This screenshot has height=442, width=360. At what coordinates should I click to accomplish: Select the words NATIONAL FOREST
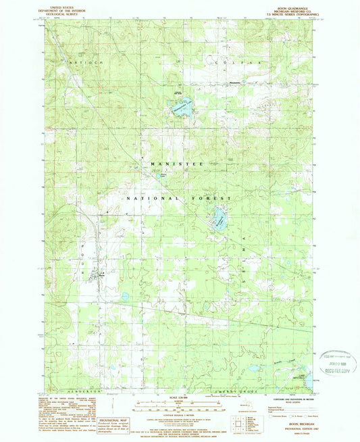click(x=180, y=199)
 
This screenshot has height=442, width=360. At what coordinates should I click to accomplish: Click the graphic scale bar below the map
click(x=178, y=407)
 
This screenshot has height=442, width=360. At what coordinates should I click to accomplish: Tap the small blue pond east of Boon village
click(x=125, y=296)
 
